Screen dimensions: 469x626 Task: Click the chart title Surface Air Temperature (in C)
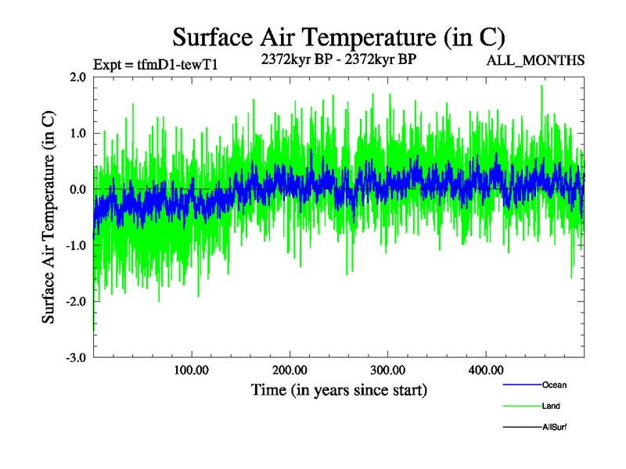339,37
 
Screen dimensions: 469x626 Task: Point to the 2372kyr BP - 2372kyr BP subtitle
337,58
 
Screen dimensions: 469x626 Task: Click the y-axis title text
49,217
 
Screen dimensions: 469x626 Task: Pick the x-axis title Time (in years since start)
339,389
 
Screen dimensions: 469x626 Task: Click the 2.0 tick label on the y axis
77,77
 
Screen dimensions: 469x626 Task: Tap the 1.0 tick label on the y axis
77,134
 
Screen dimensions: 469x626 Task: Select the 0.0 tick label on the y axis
77,190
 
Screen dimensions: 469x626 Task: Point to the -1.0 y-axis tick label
75,245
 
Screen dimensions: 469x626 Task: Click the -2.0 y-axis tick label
75,302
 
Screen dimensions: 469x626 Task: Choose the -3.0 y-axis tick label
75,358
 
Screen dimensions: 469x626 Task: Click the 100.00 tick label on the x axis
191,370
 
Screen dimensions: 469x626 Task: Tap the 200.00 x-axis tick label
290,370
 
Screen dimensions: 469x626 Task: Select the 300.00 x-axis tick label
387,370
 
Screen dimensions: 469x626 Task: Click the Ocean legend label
554,385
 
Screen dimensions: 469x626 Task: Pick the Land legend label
551,406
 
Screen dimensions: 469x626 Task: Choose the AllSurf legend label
554,428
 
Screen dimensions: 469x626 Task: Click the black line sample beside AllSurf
521,428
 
